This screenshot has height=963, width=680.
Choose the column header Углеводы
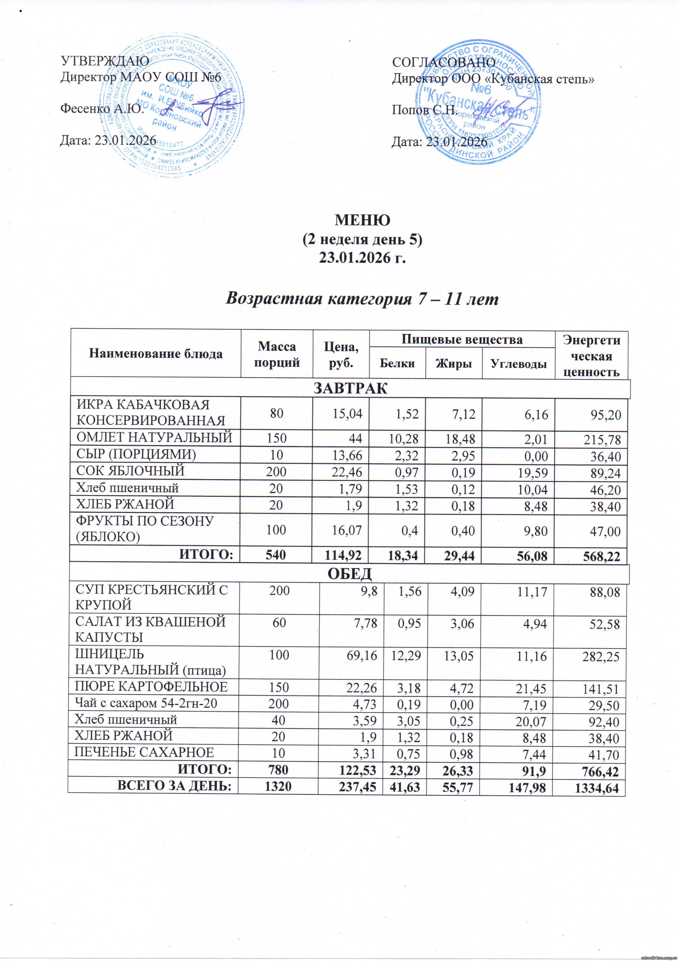tap(518, 364)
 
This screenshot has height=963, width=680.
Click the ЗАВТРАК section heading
tap(350, 388)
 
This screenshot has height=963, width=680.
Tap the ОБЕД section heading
tap(350, 573)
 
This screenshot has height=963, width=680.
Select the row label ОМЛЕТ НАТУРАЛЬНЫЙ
tap(154, 437)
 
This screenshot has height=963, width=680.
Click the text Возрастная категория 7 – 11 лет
tap(362, 299)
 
